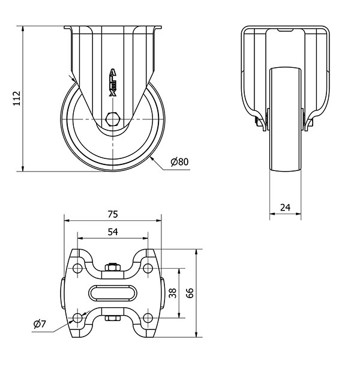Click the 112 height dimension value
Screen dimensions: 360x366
[17, 98]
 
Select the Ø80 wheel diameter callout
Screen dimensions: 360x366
[179, 162]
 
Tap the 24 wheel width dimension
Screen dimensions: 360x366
[285, 207]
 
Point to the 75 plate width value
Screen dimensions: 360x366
[113, 214]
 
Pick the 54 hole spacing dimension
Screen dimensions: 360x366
[113, 232]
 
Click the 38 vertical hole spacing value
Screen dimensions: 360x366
[173, 293]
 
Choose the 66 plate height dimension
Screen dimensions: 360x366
[190, 293]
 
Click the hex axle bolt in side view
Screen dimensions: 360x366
[113, 119]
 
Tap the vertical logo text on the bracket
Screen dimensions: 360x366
[113, 82]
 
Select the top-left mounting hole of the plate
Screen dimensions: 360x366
[77, 268]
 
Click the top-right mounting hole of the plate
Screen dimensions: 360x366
[148, 268]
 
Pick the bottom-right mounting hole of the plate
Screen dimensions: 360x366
[148, 317]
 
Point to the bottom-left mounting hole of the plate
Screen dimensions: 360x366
[77, 317]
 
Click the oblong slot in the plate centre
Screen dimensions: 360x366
[113, 293]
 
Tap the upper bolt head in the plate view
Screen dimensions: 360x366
[113, 267]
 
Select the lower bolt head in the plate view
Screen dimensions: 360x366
[113, 319]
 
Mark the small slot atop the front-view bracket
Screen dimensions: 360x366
[285, 29]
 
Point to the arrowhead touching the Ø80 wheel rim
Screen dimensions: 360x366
[152, 159]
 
